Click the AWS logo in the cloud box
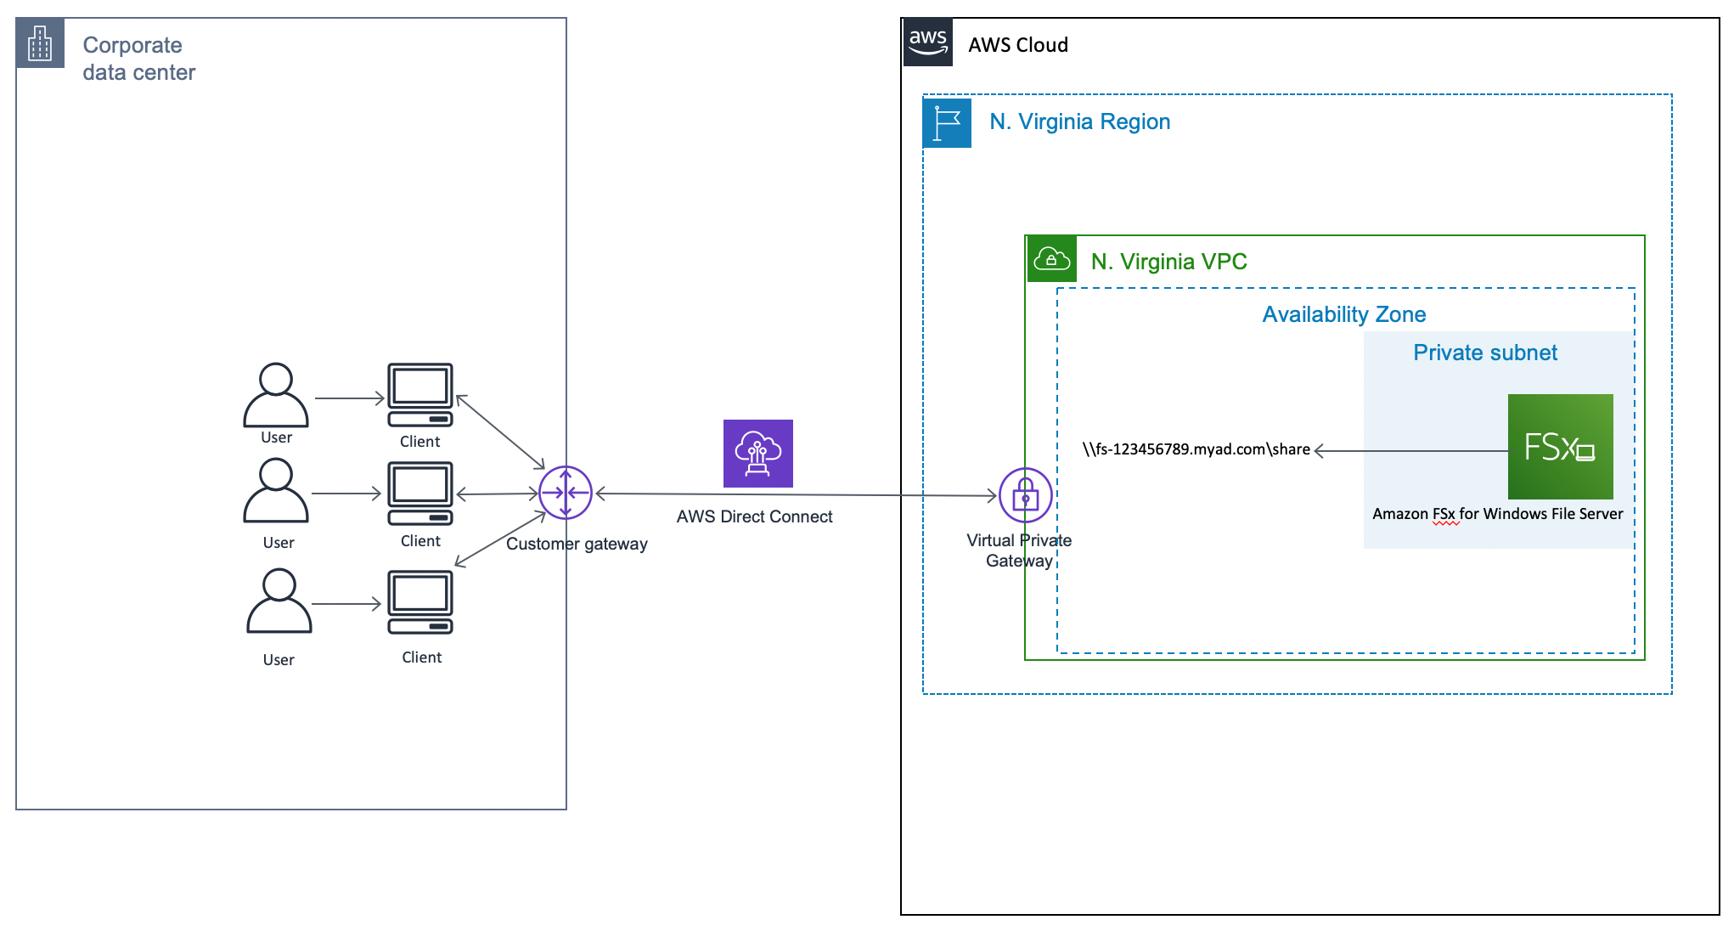pyautogui.click(x=927, y=42)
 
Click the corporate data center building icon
pyautogui.click(x=40, y=42)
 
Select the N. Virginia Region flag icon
pyautogui.click(x=947, y=123)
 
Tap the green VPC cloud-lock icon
pyautogui.click(x=1051, y=259)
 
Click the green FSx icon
pyautogui.click(x=1560, y=447)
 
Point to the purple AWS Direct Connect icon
pyautogui.click(x=757, y=454)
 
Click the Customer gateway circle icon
pyautogui.click(x=566, y=493)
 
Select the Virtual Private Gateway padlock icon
pyautogui.click(x=1025, y=495)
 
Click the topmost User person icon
pyautogui.click(x=276, y=395)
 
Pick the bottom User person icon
pyautogui.click(x=279, y=601)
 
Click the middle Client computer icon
pyautogui.click(x=420, y=494)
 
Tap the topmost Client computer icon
pyautogui.click(x=420, y=395)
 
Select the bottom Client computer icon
pyautogui.click(x=420, y=602)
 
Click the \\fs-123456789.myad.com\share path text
pyautogui.click(x=1196, y=449)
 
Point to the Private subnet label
pyautogui.click(x=1484, y=353)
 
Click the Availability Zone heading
pyautogui.click(x=1343, y=315)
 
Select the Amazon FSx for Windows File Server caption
pyautogui.click(x=1497, y=514)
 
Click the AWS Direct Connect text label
pyautogui.click(x=754, y=516)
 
